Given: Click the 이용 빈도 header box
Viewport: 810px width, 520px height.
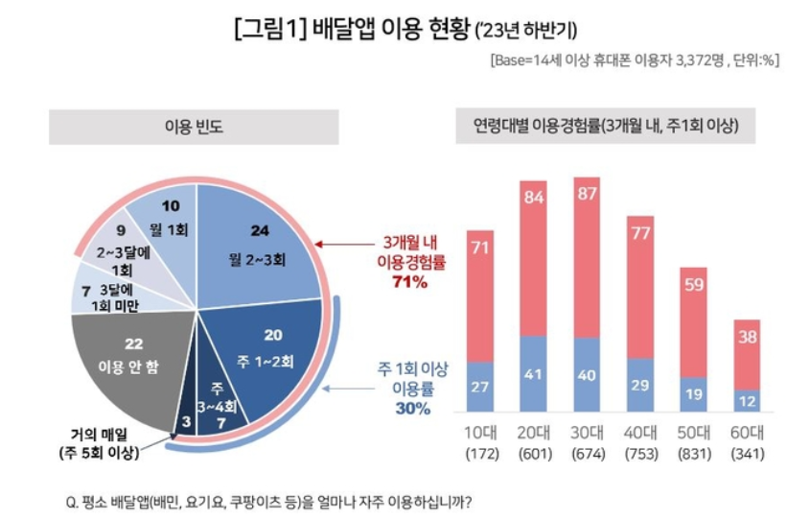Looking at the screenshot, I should (194, 126).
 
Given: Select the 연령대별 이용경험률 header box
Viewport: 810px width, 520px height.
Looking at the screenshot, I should (613, 126).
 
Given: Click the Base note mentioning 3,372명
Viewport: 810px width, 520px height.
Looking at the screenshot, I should (633, 59).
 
